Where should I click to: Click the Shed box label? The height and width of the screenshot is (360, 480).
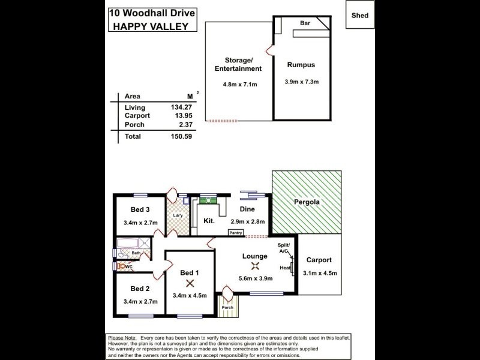click(x=361, y=16)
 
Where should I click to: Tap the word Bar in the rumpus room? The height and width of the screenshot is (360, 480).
click(x=305, y=23)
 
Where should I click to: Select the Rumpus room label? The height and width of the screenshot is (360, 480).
click(x=301, y=64)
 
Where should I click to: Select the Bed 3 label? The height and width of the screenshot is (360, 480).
click(x=140, y=209)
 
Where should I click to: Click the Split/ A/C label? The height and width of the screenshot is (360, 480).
click(x=283, y=248)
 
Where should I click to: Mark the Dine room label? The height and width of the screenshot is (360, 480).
click(x=247, y=209)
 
